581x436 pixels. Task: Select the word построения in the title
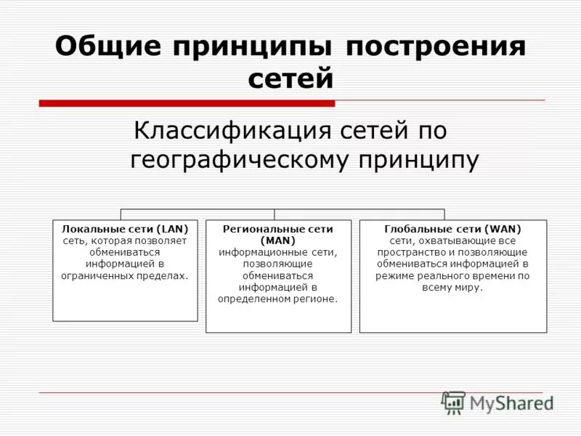[436, 48]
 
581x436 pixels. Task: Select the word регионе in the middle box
[317, 299]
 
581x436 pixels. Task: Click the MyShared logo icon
[454, 402]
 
